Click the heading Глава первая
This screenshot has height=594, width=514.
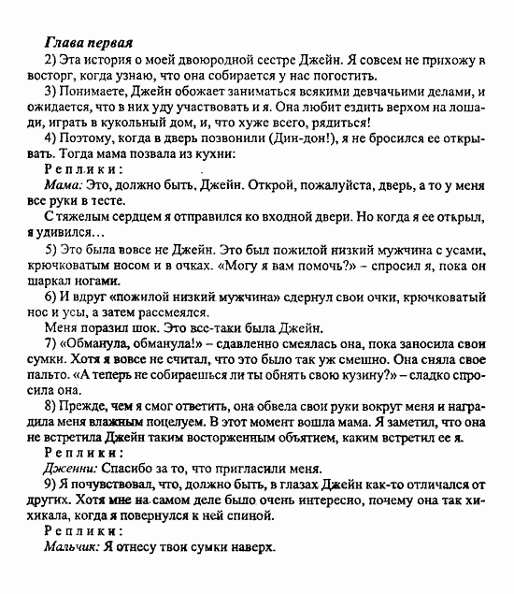[x=88, y=43]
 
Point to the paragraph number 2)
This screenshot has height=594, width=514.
[x=53, y=61]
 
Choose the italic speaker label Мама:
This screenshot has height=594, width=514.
[x=64, y=186]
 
